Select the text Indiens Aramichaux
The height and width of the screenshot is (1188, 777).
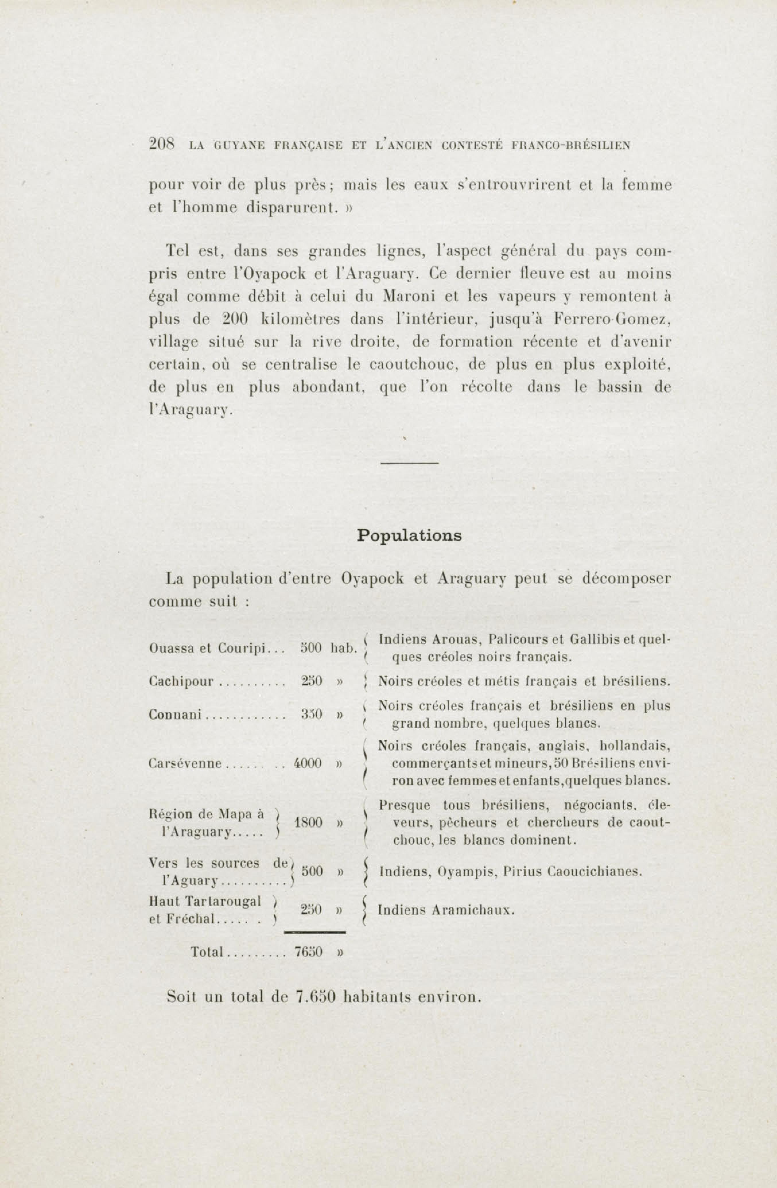(x=446, y=910)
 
